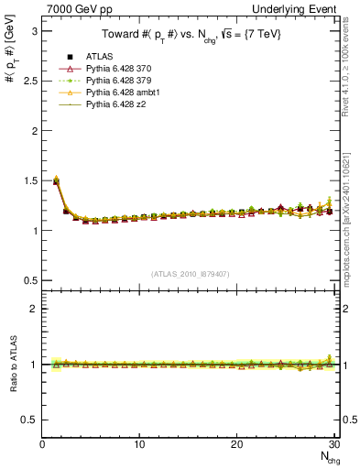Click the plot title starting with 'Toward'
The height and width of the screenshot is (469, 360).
pyautogui.click(x=191, y=36)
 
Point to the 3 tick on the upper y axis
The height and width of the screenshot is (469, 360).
pyautogui.click(x=34, y=31)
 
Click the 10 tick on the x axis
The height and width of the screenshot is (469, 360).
pyautogui.click(x=139, y=444)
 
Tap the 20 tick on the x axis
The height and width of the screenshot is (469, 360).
pyautogui.click(x=236, y=444)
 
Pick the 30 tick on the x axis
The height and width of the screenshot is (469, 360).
pyautogui.click(x=333, y=444)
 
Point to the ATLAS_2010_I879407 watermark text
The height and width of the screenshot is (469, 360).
pyautogui.click(x=191, y=274)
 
